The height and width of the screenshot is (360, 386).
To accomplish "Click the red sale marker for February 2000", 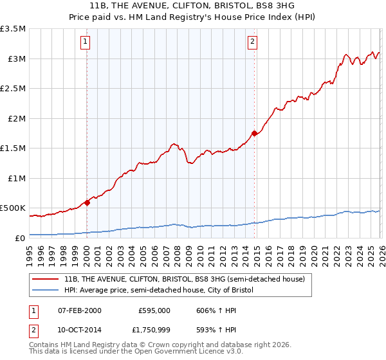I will pos(87,203).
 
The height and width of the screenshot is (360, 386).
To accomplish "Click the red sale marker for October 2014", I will pos(254,133).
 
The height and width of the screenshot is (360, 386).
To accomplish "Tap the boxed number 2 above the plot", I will pos(253,43).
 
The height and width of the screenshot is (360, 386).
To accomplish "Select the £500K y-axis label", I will pos(13,208).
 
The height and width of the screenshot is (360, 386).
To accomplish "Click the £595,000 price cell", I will pos(154,310).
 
